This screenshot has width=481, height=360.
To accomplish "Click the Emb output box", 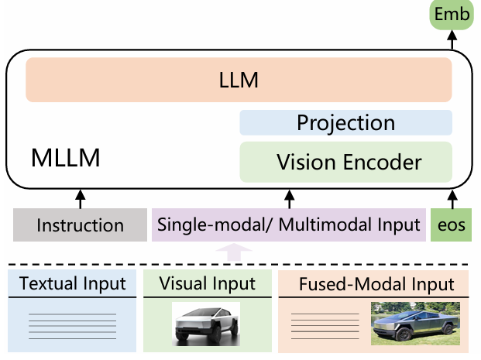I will click(452, 15).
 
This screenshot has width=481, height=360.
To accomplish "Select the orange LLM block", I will click(239, 79).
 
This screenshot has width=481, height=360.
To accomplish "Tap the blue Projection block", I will click(345, 122).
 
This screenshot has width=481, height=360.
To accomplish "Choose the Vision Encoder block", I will click(345, 162).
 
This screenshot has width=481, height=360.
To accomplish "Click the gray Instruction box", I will click(80, 225).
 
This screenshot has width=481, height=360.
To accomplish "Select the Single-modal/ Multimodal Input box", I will click(289, 225).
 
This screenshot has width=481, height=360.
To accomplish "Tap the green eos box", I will click(451, 225).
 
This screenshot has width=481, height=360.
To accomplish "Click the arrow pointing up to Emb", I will click(452, 39).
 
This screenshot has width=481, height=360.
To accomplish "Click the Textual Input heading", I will click(72, 284).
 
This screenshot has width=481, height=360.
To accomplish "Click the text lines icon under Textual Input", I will click(72, 324).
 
